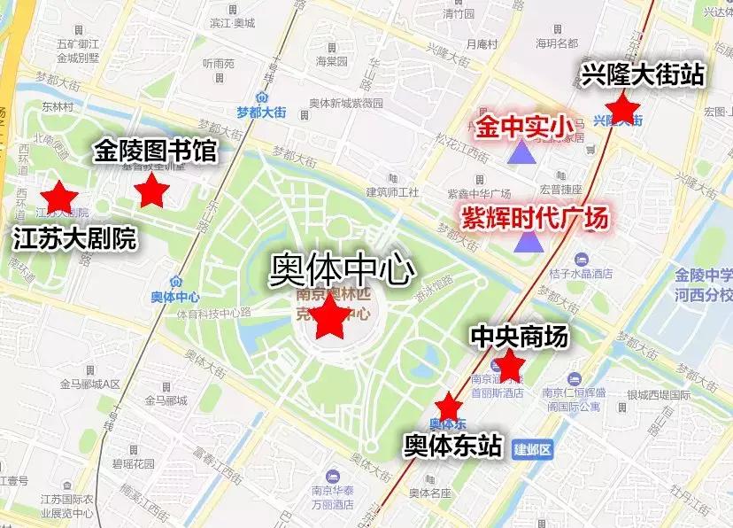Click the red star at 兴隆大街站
tap(624, 108)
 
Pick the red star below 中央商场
tap(508, 364)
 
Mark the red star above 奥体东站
tap(449, 406)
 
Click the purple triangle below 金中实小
tap(521, 153)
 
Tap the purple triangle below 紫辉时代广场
tap(530, 241)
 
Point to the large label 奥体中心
tap(341, 268)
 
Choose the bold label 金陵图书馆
tap(154, 151)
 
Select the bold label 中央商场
tap(518, 336)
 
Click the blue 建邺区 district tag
tap(532, 449)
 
